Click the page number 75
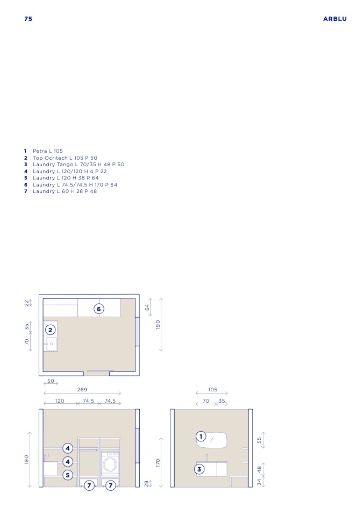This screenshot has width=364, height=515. click(x=28, y=19)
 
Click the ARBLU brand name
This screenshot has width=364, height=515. click(x=335, y=19)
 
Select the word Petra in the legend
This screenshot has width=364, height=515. click(x=40, y=151)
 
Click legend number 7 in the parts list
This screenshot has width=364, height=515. click(x=26, y=191)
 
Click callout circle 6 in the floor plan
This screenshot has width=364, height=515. click(x=99, y=309)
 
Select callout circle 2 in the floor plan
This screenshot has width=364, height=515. click(x=50, y=330)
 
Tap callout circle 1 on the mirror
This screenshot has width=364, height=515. click(x=201, y=437)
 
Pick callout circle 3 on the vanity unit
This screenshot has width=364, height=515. click(x=199, y=469)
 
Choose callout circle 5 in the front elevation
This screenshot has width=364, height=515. click(x=68, y=475)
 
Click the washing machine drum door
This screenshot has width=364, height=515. click(x=110, y=464)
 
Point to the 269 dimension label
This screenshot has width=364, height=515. click(x=82, y=390)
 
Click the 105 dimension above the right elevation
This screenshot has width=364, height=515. click(x=212, y=390)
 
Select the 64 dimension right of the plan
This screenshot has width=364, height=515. click(x=147, y=307)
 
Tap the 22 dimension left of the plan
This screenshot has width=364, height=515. click(x=26, y=303)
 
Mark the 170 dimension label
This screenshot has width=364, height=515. click(x=158, y=463)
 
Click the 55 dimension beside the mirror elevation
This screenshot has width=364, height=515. click(x=259, y=440)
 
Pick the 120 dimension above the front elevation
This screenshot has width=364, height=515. click(x=60, y=400)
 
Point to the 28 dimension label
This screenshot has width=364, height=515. click(x=147, y=483)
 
